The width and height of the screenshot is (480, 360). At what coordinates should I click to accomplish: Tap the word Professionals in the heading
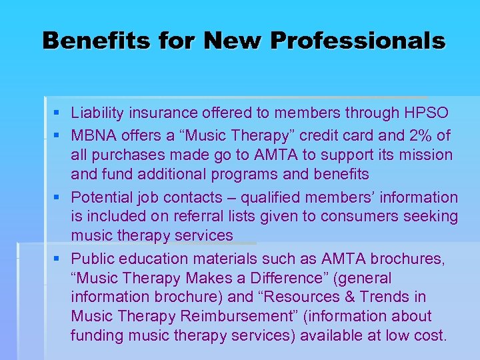point(357,41)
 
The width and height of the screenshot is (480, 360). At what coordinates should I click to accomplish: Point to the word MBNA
point(93,136)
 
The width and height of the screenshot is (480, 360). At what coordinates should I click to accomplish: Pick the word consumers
point(370,216)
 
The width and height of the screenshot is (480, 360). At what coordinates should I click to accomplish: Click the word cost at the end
point(429,335)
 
